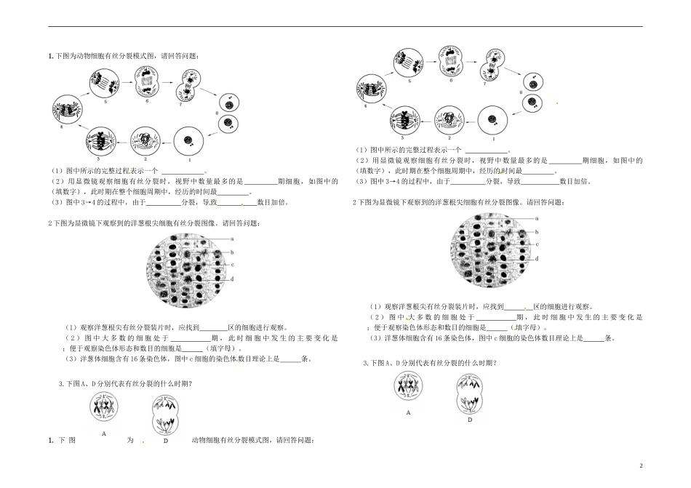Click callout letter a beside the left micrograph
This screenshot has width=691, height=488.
coord(232,239)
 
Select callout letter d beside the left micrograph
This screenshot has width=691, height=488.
coord(231,279)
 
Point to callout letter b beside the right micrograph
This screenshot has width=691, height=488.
coord(536,231)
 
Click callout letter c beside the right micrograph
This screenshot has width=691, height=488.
coord(536,244)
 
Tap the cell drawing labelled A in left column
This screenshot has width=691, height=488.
coord(104,410)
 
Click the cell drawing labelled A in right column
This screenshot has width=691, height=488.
coord(409,385)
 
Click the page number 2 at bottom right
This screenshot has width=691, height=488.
coord(641,464)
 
